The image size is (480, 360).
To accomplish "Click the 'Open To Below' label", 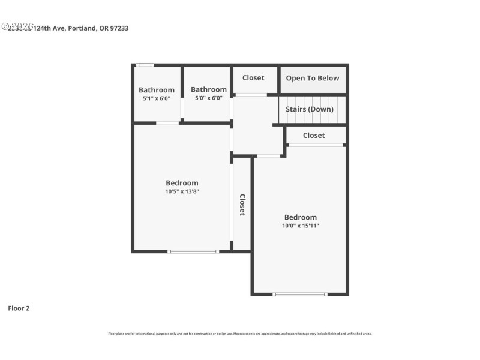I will pyautogui.click(x=312, y=78).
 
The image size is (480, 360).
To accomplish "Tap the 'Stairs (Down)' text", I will pyautogui.click(x=309, y=109).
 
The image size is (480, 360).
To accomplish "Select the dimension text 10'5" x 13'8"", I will pyautogui.click(x=182, y=191).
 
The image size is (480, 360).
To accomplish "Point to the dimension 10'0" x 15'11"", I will pyautogui.click(x=301, y=226).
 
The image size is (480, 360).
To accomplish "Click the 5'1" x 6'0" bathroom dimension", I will pyautogui.click(x=157, y=98).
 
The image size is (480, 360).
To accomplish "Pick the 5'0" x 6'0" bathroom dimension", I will pyautogui.click(x=206, y=98).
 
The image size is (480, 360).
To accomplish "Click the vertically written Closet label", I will pyautogui.click(x=242, y=205).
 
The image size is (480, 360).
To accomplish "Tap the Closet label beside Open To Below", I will pyautogui.click(x=253, y=78).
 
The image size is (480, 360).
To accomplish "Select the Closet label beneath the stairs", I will pyautogui.click(x=314, y=136).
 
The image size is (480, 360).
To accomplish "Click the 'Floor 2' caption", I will pyautogui.click(x=19, y=308).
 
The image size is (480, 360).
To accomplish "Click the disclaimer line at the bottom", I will pyautogui.click(x=239, y=334).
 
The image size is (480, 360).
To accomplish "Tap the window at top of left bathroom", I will pyautogui.click(x=145, y=65).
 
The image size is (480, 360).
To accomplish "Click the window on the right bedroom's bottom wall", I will pyautogui.click(x=299, y=294).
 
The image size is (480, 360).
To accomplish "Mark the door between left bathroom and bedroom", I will pyautogui.click(x=167, y=123).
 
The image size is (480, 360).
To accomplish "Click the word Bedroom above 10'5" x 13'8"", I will pyautogui.click(x=182, y=183).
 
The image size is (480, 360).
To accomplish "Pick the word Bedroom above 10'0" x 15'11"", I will pyautogui.click(x=301, y=217).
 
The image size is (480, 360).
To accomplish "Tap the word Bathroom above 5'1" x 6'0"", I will pyautogui.click(x=157, y=90).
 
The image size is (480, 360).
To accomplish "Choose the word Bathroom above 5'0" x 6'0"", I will pyautogui.click(x=209, y=89).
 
